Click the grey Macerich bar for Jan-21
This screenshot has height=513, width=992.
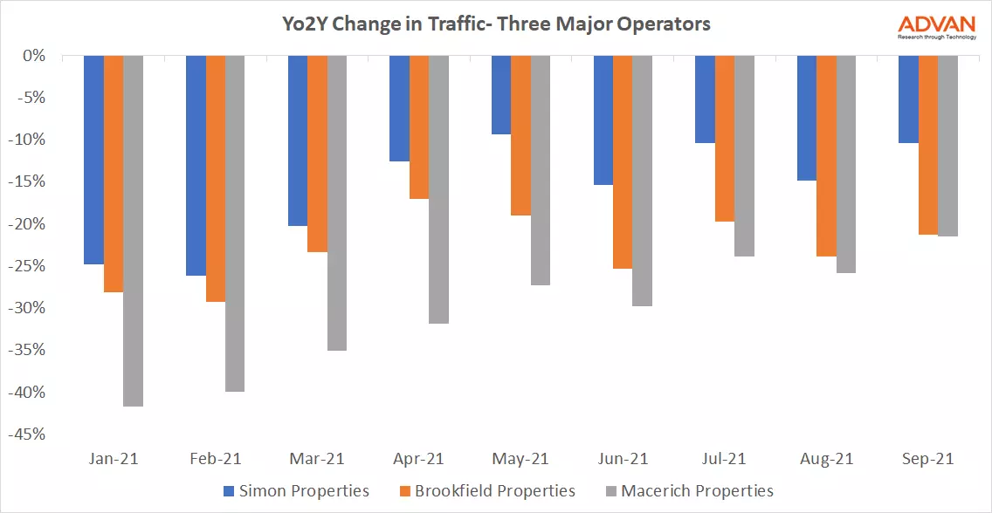[x=134, y=231]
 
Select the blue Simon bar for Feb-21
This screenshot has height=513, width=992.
[x=196, y=166]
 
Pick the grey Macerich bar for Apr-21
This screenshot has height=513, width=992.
[x=438, y=189]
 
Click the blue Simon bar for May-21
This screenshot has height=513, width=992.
[x=501, y=95]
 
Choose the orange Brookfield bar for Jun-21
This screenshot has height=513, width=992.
[x=623, y=162]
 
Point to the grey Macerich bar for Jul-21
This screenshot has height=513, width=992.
[x=744, y=156]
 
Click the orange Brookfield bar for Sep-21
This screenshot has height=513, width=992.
[x=928, y=145]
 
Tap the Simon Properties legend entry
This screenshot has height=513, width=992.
[x=297, y=491]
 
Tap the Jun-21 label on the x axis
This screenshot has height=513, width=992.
[x=623, y=459]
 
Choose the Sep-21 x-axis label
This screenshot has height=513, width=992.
[x=927, y=459]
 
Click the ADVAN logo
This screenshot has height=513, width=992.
[x=938, y=25]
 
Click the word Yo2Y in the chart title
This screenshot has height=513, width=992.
[x=304, y=24]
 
